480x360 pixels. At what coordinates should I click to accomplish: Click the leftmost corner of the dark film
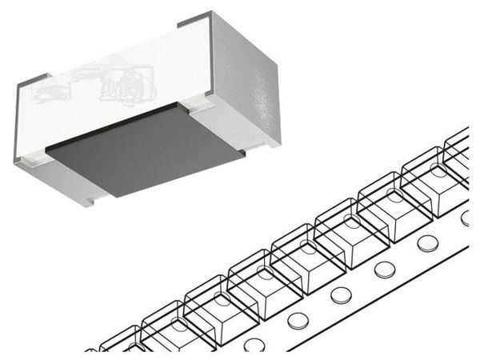pos(46,148)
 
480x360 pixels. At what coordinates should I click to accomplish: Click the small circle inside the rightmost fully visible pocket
pos(434,169)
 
